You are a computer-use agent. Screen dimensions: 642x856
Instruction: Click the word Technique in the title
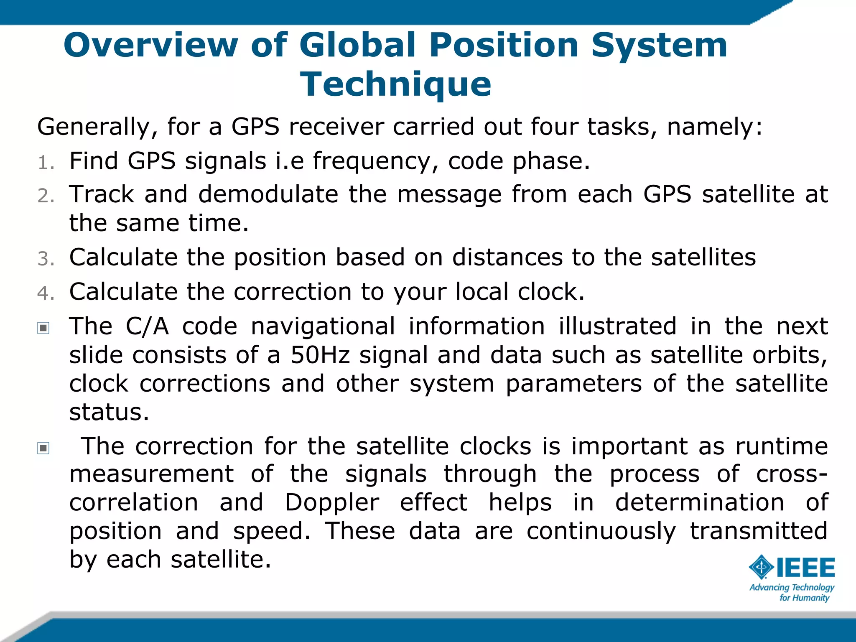pyautogui.click(x=395, y=84)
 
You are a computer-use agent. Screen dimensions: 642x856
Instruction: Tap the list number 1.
pyautogui.click(x=45, y=163)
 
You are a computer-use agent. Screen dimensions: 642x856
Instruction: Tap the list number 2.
pyautogui.click(x=46, y=196)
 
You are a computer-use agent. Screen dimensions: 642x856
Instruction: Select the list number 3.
pyautogui.click(x=46, y=259)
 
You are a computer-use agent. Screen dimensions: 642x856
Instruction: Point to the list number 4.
pyautogui.click(x=46, y=293)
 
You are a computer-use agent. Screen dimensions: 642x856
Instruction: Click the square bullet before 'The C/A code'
pyautogui.click(x=43, y=328)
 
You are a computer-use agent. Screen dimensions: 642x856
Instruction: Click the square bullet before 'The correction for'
pyautogui.click(x=43, y=448)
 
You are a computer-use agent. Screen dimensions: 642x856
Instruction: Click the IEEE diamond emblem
pyautogui.click(x=761, y=567)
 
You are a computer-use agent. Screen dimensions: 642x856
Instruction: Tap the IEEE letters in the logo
pyautogui.click(x=805, y=568)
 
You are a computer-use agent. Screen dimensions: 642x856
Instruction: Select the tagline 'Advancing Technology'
pyautogui.click(x=792, y=588)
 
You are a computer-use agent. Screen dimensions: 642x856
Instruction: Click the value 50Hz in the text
pyautogui.click(x=320, y=355)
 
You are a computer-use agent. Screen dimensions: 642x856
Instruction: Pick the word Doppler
pyautogui.click(x=332, y=502)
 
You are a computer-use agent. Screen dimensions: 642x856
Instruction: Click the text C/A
pyautogui.click(x=147, y=326)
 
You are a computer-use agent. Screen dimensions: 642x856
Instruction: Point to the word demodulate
pyautogui.click(x=268, y=194)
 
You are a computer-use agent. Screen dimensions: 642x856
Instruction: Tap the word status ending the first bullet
pyautogui.click(x=109, y=413)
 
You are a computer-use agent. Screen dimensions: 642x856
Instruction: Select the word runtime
pyautogui.click(x=781, y=446)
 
